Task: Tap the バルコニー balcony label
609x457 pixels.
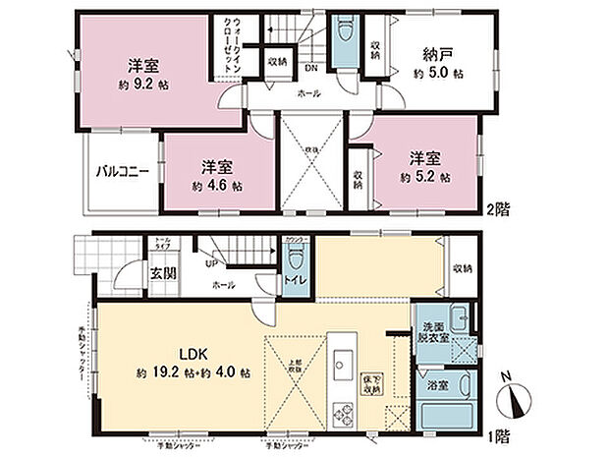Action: click(122, 171)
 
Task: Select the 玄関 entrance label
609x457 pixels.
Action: click(163, 272)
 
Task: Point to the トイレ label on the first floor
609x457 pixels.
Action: click(296, 279)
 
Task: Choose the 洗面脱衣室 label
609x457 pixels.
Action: click(435, 332)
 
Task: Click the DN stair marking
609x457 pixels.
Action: click(309, 69)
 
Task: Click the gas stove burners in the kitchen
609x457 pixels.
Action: click(343, 414)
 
